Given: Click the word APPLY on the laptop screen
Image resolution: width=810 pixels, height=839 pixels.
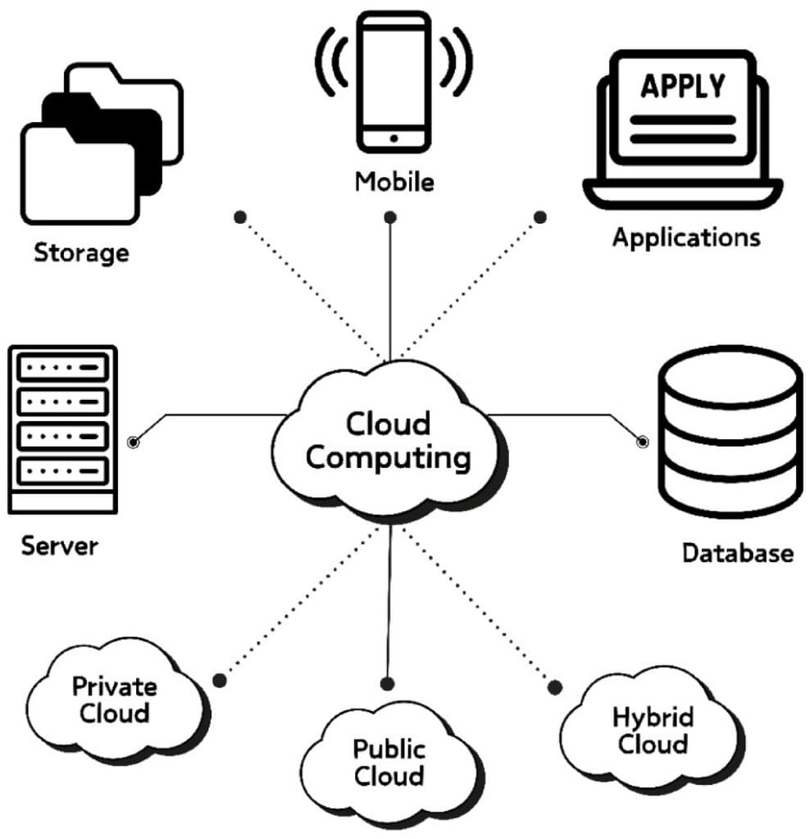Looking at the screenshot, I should click(682, 86).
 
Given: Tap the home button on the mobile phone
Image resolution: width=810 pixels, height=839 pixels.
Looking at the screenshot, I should click(394, 138).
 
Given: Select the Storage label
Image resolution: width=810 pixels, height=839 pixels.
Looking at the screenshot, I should click(81, 252).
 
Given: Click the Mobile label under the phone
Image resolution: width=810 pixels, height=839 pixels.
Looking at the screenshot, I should click(394, 181).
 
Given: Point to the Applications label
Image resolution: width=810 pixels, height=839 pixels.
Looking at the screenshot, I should click(686, 238).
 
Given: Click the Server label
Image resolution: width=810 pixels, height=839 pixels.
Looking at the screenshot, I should click(59, 546).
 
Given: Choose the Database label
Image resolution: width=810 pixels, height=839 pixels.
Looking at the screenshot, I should click(737, 553).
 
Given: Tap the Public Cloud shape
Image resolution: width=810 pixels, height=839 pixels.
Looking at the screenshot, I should click(389, 762).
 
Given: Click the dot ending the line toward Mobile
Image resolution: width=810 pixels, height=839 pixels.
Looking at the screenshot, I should click(391, 218).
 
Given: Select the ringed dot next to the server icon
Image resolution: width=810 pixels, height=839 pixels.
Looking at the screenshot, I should click(133, 442).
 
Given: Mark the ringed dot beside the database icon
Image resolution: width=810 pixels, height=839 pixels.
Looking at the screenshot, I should click(643, 442).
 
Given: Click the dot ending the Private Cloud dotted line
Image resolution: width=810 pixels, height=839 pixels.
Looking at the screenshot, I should click(219, 680).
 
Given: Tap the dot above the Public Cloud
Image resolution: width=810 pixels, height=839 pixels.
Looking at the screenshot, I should click(388, 683).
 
